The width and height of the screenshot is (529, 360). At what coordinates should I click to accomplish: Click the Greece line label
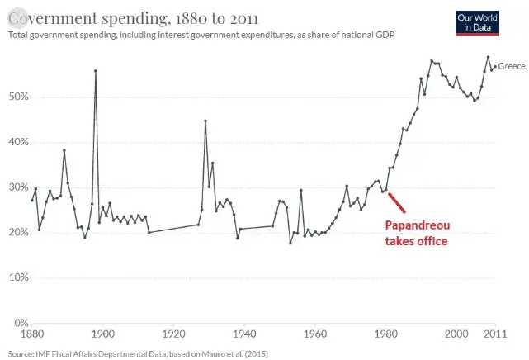point(512,65)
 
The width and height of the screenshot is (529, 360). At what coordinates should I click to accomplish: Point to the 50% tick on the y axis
point(18,97)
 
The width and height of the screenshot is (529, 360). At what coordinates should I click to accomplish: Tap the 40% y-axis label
point(18,142)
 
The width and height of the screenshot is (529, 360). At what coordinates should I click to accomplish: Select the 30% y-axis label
point(18,187)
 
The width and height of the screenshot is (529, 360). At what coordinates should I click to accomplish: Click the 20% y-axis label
point(18,232)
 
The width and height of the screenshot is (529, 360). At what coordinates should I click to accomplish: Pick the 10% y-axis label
point(18,277)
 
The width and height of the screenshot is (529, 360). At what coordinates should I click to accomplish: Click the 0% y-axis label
point(21,323)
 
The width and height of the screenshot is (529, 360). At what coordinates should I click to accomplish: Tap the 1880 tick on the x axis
point(32,334)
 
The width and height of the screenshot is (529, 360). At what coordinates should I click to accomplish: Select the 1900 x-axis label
point(102,334)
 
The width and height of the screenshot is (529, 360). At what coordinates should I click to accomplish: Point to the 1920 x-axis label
point(173,334)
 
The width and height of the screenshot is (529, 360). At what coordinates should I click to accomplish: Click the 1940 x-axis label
point(244,334)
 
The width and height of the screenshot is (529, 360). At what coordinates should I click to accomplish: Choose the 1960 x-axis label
point(315,334)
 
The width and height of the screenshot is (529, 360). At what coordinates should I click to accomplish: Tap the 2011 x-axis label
point(494,334)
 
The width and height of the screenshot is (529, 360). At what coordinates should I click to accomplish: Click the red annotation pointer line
point(395,202)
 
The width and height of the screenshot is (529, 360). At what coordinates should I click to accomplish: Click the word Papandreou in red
point(417,226)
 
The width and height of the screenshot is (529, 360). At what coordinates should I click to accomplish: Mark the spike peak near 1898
point(96,71)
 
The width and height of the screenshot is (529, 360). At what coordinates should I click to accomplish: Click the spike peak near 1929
point(205,121)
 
